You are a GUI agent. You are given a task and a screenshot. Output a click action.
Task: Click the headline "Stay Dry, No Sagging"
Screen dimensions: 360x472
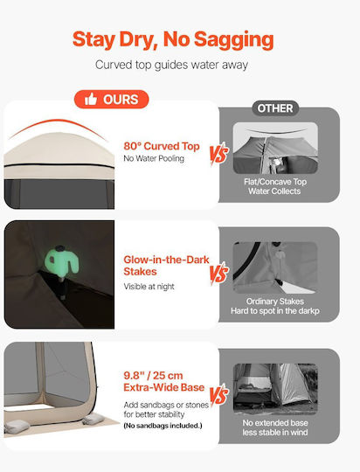click(x=173, y=40)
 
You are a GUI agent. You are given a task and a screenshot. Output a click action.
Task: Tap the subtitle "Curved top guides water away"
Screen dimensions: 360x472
click(x=171, y=65)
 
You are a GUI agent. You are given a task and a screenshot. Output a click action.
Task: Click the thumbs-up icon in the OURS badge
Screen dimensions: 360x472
click(x=91, y=99)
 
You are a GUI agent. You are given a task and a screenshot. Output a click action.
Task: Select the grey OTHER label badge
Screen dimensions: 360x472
click(x=275, y=108)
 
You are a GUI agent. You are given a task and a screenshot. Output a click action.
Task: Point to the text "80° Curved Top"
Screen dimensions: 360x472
click(x=162, y=146)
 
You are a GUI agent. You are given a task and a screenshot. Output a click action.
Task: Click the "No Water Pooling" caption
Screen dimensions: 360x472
click(x=154, y=158)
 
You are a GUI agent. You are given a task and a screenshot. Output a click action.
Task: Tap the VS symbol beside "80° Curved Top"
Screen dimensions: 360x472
click(x=218, y=154)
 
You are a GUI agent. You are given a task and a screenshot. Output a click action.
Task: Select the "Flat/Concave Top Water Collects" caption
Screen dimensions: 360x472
click(x=275, y=186)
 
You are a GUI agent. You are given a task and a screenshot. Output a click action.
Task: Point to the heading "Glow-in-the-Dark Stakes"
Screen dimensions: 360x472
click(x=166, y=266)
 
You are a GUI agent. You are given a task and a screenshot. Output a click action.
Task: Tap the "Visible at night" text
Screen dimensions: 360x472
click(x=149, y=287)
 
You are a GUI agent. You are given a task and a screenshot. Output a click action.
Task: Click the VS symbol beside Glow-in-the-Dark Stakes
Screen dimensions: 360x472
click(x=218, y=274)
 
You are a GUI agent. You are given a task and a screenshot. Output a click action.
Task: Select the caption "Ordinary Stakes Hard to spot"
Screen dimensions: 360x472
click(x=275, y=306)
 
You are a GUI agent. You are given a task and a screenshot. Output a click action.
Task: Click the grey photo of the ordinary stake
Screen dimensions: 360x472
click(x=275, y=267)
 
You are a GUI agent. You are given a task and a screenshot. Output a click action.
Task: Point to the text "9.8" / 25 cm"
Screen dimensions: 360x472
click(x=153, y=376)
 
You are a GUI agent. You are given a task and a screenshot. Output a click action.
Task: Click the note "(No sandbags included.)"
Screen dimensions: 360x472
click(x=163, y=426)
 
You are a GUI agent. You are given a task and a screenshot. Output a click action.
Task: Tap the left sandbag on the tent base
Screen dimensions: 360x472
click(x=17, y=427)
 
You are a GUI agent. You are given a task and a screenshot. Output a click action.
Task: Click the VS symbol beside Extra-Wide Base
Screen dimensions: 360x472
click(x=218, y=395)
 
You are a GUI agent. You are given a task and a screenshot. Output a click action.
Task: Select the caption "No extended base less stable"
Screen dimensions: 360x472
click(x=275, y=427)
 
